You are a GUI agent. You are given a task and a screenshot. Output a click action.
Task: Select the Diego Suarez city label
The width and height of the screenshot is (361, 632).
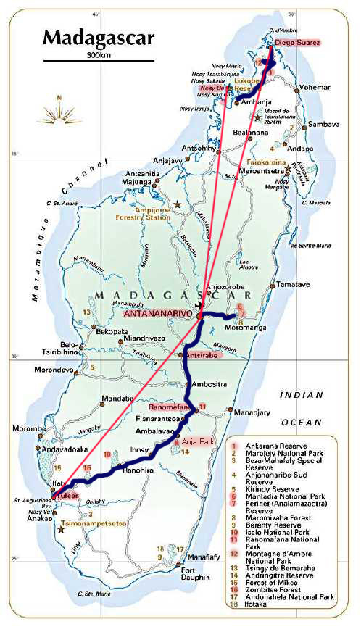tap(295, 43)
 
